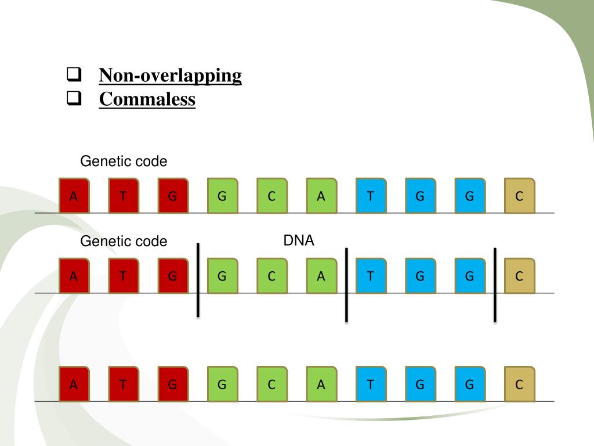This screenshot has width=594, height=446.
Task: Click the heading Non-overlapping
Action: (x=170, y=75)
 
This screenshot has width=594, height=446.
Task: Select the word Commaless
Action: (x=147, y=99)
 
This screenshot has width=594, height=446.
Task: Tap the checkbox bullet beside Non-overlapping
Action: (x=73, y=75)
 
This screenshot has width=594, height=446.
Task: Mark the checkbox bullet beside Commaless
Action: (x=73, y=99)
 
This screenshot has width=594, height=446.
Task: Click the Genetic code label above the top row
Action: (x=124, y=161)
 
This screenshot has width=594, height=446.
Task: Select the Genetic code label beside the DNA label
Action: (x=124, y=241)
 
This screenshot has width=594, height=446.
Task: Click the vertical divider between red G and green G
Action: (x=198, y=280)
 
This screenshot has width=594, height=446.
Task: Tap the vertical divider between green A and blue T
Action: (x=346, y=284)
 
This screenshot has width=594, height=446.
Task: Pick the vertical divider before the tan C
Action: (x=495, y=284)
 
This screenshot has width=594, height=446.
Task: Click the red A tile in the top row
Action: (x=74, y=196)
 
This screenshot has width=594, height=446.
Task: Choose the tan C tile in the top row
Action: (x=519, y=196)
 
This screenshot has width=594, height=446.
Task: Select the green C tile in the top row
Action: (x=271, y=196)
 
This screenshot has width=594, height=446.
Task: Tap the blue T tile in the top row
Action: (x=371, y=196)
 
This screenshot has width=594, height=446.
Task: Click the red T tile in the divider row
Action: (x=123, y=276)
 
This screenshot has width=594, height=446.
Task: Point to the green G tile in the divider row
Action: (x=222, y=276)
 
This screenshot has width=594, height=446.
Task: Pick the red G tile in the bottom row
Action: (x=172, y=384)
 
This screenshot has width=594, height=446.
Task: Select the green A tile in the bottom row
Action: (x=321, y=384)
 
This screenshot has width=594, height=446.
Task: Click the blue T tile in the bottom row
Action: (x=371, y=384)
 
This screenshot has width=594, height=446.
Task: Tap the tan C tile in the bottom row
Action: (x=519, y=384)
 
